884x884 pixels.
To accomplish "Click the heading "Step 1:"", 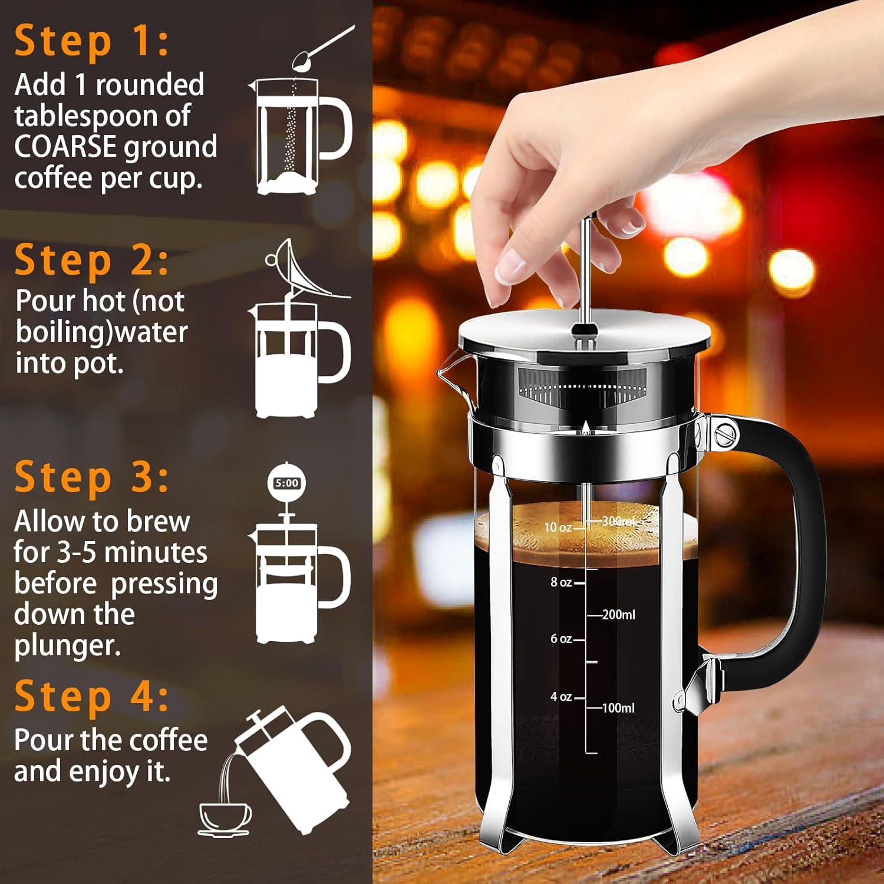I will pyautogui.click(x=91, y=42).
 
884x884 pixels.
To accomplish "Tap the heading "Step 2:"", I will pyautogui.click(x=91, y=260).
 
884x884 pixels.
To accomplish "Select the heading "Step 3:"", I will pyautogui.click(x=91, y=477).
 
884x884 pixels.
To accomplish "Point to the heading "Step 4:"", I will pyautogui.click(x=91, y=697).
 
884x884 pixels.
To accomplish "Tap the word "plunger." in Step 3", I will pyautogui.click(x=67, y=646).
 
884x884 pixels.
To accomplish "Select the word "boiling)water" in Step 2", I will pyautogui.click(x=101, y=332).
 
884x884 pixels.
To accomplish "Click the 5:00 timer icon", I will pyautogui.click(x=287, y=483).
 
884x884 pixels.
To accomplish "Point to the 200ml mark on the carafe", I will pyautogui.click(x=618, y=615).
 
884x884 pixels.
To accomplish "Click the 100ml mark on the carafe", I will pyautogui.click(x=618, y=708).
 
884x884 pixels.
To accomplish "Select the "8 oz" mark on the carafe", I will pyautogui.click(x=561, y=582).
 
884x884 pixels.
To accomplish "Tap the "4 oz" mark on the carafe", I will pyautogui.click(x=561, y=697).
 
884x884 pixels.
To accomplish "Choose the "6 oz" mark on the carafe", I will pyautogui.click(x=561, y=639).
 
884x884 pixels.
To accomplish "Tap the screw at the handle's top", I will pyautogui.click(x=726, y=435).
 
